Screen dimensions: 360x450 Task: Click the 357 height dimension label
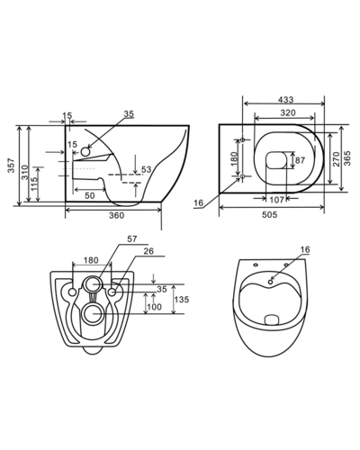click(x=11, y=166)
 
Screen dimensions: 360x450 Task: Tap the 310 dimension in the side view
click(x=25, y=172)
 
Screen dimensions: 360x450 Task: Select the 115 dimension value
click(x=34, y=184)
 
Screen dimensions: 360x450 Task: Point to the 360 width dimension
click(x=116, y=215)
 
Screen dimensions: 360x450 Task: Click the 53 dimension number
click(x=147, y=169)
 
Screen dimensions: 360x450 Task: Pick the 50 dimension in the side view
click(x=89, y=195)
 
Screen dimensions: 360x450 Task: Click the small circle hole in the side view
click(x=85, y=151)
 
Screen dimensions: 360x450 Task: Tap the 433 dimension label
click(x=285, y=99)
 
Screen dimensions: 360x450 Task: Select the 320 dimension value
click(x=288, y=112)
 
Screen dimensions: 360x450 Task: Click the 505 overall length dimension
click(x=269, y=214)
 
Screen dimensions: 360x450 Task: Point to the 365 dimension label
click(x=347, y=158)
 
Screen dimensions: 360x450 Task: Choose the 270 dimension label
click(x=337, y=159)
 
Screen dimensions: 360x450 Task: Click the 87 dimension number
click(x=300, y=160)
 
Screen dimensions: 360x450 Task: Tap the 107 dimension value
click(x=276, y=200)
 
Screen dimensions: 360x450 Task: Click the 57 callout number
click(x=132, y=239)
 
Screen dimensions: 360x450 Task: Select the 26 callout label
click(x=148, y=251)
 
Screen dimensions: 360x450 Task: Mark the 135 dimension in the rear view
click(x=182, y=300)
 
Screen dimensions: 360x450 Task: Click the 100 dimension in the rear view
click(x=155, y=307)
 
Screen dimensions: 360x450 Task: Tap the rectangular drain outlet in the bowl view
click(x=272, y=319)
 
